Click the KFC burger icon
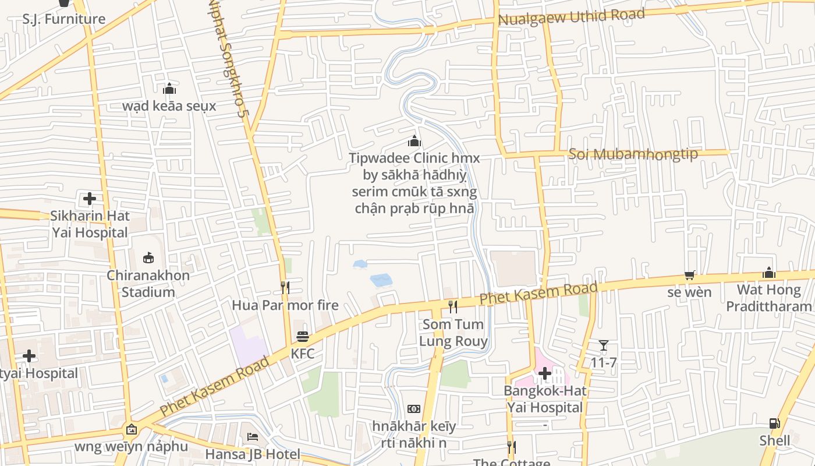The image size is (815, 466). pos(303,337)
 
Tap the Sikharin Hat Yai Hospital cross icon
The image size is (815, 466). pos(89,199)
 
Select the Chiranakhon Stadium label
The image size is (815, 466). pos(148,284)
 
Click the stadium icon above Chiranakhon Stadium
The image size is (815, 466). pos(148,257)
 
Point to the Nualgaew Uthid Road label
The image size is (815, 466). pos(571,16)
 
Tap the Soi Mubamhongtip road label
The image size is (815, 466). pos(633,154)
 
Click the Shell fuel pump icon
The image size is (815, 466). pos(774,423)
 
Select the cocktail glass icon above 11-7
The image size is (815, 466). pos(604,345)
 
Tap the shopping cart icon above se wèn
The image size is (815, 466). pos(690,275)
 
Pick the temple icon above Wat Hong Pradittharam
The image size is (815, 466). pos(769,273)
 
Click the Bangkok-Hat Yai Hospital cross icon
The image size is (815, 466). pos(545,373)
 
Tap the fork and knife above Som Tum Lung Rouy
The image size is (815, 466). pos(453,306)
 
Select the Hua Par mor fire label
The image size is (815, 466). pos(285,305)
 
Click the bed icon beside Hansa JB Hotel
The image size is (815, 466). pos(252,436)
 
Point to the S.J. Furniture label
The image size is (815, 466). pos(64,19)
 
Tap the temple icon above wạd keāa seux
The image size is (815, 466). pos(169,89)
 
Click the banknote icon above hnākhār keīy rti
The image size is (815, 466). pos(414,409)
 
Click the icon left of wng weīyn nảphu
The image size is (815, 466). pos(132,430)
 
